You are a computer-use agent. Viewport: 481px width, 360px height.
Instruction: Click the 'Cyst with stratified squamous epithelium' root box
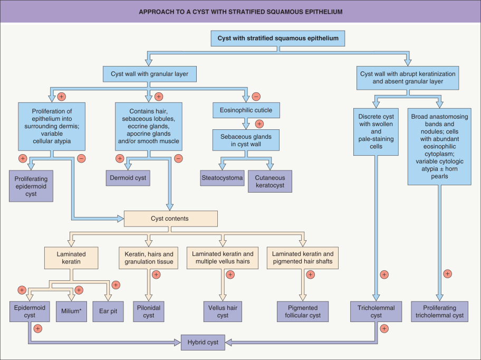[278, 38]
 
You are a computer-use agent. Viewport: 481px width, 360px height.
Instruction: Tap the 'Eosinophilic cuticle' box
[245, 110]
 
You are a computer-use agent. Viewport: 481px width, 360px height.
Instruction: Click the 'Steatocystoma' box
[222, 178]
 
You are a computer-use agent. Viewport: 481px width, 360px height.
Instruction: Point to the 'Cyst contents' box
[170, 219]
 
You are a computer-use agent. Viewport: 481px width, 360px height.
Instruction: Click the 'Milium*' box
[71, 311]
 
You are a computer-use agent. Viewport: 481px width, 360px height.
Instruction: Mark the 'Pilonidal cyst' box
[148, 311]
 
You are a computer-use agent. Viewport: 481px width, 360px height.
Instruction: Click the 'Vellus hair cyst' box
[223, 311]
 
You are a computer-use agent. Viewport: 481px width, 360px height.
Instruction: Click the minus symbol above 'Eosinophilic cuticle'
[256, 97]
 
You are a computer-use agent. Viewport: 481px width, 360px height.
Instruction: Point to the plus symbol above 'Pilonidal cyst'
[156, 274]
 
